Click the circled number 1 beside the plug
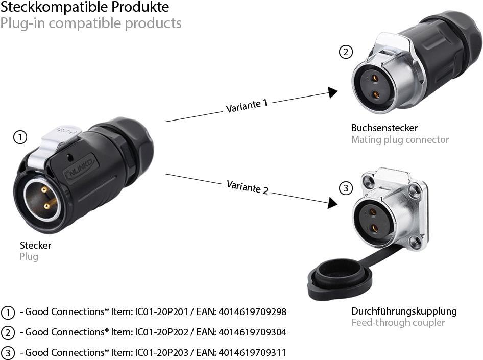(x=20, y=137)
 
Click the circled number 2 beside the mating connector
(x=346, y=52)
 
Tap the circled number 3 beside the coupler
(x=346, y=188)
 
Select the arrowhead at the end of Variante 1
(x=333, y=92)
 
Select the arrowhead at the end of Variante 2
(x=332, y=203)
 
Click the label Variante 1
(x=247, y=106)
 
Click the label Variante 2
(x=247, y=187)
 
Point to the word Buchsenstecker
(x=384, y=128)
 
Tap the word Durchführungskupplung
(x=404, y=311)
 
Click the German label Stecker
(x=35, y=245)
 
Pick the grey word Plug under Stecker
(x=29, y=256)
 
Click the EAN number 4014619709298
(x=252, y=311)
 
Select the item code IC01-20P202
(x=162, y=332)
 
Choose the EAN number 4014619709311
(x=252, y=352)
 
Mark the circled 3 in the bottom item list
(x=8, y=353)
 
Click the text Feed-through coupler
(x=398, y=323)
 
